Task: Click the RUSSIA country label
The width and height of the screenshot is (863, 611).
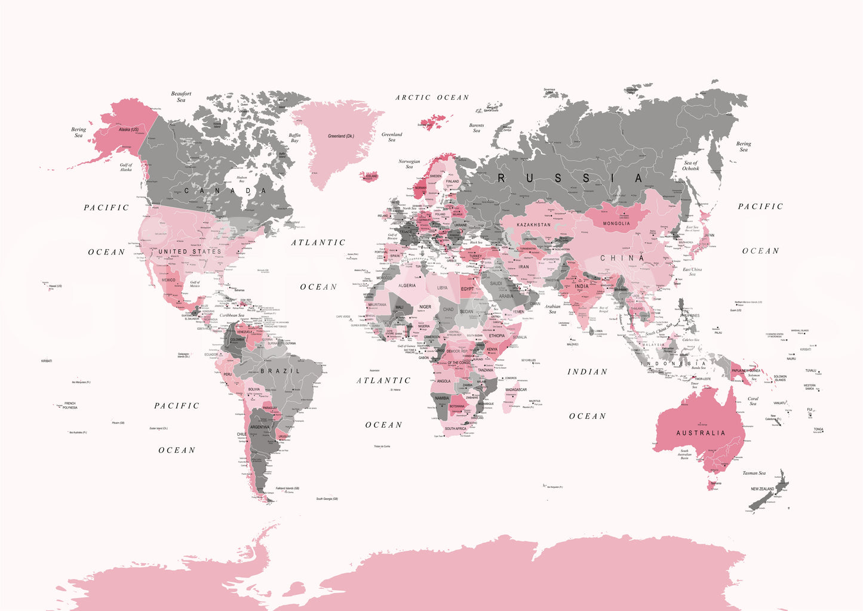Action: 571,178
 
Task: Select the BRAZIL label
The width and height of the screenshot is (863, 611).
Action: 280,371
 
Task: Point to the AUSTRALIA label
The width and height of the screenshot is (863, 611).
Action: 701,433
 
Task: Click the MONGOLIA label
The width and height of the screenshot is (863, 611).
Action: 616,223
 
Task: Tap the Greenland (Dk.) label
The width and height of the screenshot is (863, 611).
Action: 341,136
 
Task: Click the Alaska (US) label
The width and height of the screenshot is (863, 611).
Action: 128,130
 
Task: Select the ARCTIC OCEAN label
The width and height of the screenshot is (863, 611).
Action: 432,97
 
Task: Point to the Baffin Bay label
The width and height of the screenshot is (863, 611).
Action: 294,138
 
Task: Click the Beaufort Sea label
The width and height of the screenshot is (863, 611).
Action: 181,97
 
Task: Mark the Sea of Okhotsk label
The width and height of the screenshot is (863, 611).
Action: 690,165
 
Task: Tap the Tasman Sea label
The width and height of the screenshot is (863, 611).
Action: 754,473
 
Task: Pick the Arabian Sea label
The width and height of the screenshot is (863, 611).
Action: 552,309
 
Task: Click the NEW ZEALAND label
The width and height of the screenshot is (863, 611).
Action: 762,489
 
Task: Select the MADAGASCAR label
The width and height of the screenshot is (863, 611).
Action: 516,389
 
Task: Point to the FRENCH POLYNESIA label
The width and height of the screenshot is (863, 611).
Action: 70,406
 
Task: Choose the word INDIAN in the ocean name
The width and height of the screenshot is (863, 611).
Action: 587,371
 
